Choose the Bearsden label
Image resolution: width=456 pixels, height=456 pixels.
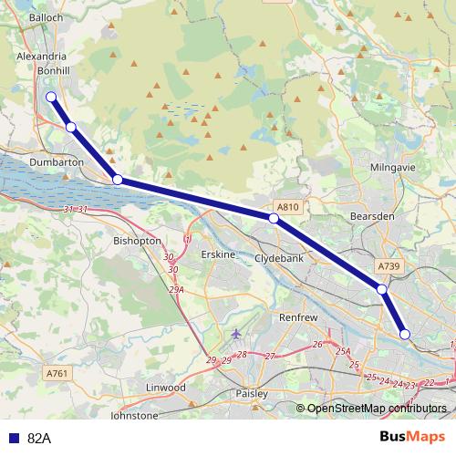click(x=370, y=217)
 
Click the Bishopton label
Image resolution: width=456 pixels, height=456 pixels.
click(x=137, y=241)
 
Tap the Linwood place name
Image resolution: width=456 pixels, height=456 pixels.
click(x=165, y=388)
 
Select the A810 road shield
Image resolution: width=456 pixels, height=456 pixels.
click(x=287, y=207)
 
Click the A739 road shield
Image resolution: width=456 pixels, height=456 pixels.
click(x=388, y=265)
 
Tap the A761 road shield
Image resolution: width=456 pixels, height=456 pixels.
click(x=57, y=373)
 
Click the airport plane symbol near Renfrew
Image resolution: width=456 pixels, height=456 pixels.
click(x=238, y=333)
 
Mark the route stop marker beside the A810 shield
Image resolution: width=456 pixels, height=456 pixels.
click(x=274, y=219)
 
